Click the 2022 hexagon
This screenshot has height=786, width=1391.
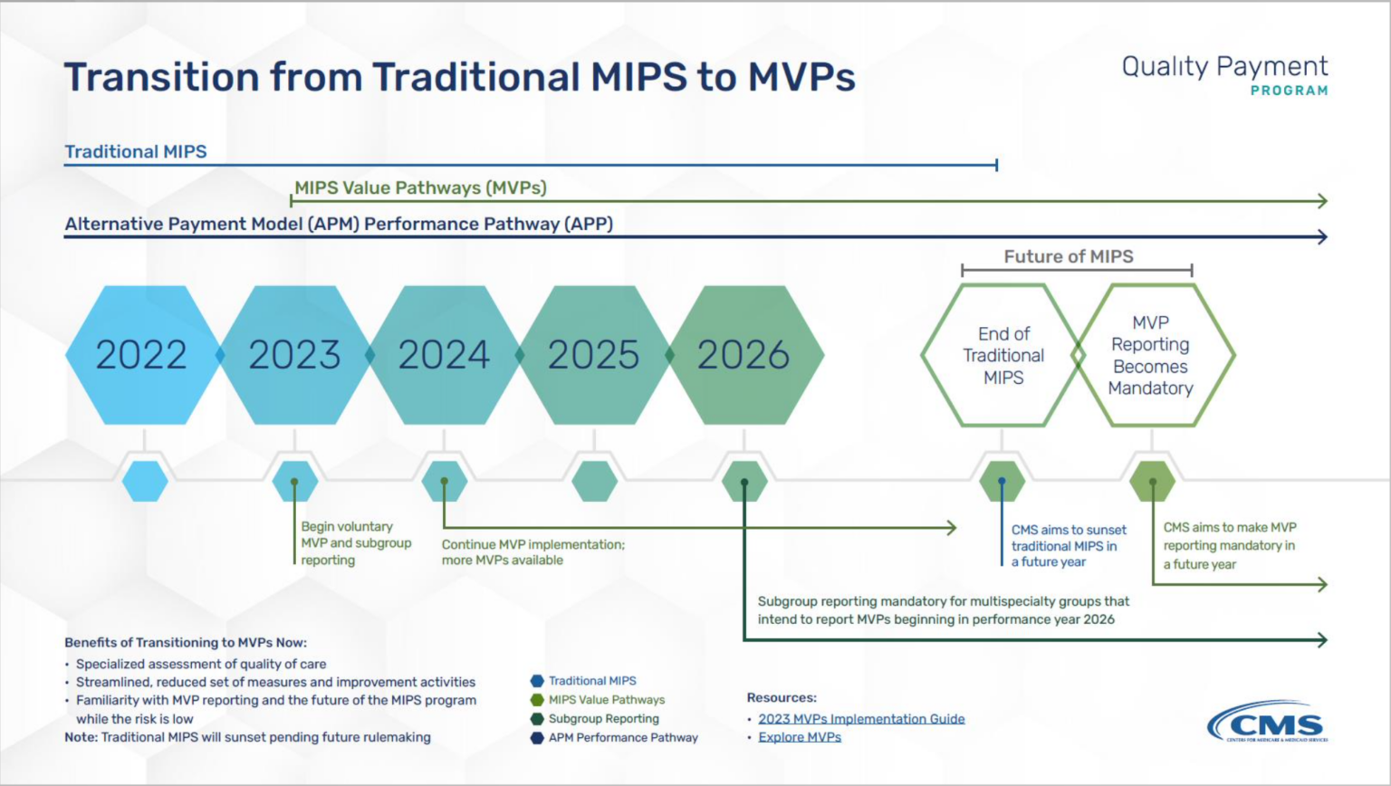pyautogui.click(x=142, y=355)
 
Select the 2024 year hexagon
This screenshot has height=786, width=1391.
pyautogui.click(x=444, y=355)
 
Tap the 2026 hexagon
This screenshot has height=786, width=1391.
pyautogui.click(x=743, y=355)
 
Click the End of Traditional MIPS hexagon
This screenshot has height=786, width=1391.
pyautogui.click(x=1002, y=355)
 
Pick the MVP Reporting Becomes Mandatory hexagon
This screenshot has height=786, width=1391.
pyautogui.click(x=1151, y=355)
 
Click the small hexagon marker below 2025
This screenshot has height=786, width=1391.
pyautogui.click(x=594, y=481)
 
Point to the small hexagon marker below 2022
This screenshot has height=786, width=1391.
pyautogui.click(x=145, y=481)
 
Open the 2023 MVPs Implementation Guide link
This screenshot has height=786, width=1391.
pyautogui.click(x=861, y=719)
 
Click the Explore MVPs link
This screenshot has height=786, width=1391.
pyautogui.click(x=800, y=737)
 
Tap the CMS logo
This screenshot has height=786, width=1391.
pyautogui.click(x=1267, y=723)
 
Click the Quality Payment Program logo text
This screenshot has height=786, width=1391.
pyautogui.click(x=1224, y=75)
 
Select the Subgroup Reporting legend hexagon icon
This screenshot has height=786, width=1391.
pyautogui.click(x=537, y=719)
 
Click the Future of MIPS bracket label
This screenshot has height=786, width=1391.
pyautogui.click(x=1069, y=256)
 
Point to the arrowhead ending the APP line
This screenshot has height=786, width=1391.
pyautogui.click(x=1323, y=237)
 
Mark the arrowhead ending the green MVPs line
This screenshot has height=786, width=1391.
pyautogui.click(x=1323, y=201)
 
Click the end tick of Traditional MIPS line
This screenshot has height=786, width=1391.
pyautogui.click(x=996, y=165)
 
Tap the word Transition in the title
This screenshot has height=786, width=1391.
pyautogui.click(x=160, y=77)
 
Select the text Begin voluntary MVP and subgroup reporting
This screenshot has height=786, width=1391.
pyautogui.click(x=356, y=543)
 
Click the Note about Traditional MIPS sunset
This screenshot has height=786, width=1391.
pyautogui.click(x=247, y=737)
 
